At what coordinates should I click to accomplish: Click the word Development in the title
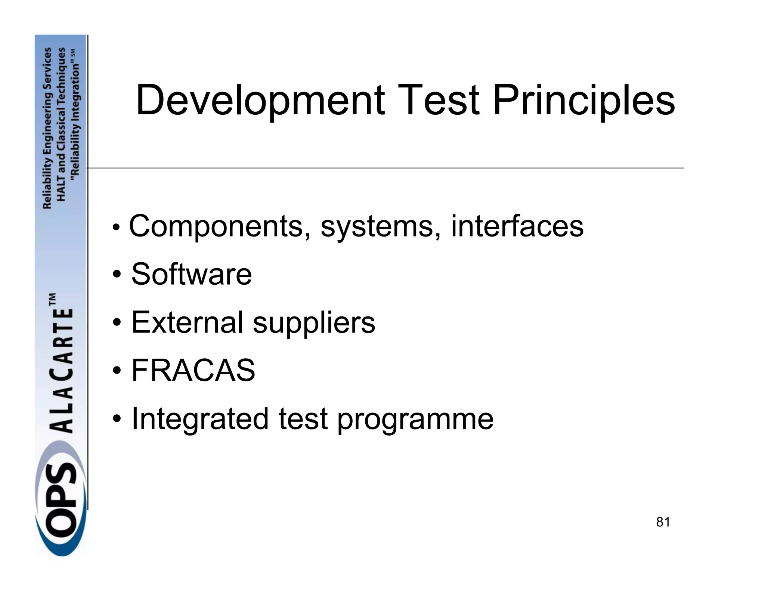(x=260, y=101)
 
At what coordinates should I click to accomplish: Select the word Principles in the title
(x=583, y=101)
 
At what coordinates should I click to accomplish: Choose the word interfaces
(x=517, y=226)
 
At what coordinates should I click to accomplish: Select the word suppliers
(x=314, y=324)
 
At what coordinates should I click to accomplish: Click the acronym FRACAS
(x=193, y=370)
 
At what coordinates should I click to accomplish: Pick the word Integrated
(x=200, y=419)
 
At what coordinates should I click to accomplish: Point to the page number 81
(x=663, y=522)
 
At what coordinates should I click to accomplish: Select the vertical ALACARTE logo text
(x=62, y=370)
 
